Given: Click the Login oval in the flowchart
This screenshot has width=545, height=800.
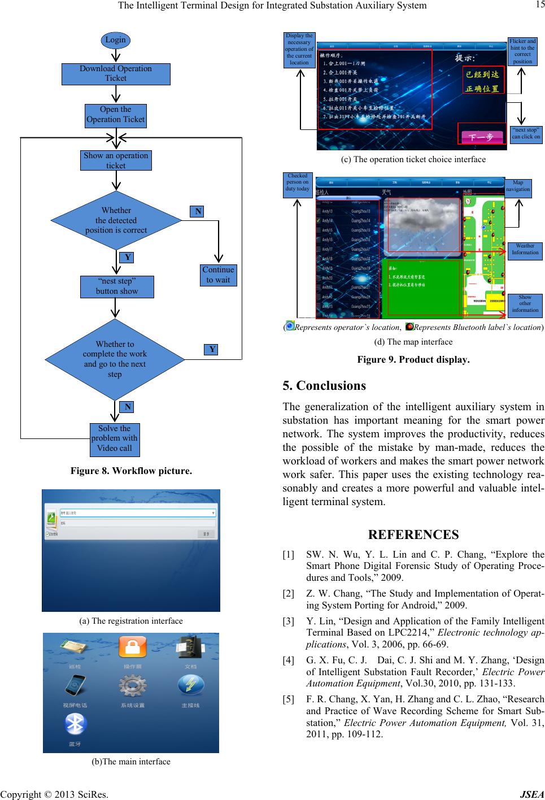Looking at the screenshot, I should click(x=115, y=40).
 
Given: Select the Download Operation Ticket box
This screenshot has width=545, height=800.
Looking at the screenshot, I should click(x=116, y=74).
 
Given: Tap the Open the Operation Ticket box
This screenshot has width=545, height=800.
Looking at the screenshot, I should click(x=115, y=115).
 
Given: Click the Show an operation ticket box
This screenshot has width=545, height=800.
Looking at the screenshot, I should click(x=116, y=160).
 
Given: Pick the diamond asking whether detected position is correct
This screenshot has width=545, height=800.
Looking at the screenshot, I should click(x=116, y=220).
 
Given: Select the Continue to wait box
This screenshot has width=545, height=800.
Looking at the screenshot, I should click(x=218, y=275).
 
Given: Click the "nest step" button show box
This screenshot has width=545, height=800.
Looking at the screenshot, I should click(x=116, y=286).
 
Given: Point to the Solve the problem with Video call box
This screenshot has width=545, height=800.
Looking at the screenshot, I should click(x=115, y=438).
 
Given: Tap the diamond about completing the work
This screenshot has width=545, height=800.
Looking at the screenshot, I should click(x=115, y=359).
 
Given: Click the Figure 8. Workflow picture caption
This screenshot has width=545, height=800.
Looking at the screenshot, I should click(x=131, y=471).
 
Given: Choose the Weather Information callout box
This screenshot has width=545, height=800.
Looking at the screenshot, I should click(x=525, y=249).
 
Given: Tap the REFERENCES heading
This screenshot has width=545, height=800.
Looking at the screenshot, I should click(x=413, y=534).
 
